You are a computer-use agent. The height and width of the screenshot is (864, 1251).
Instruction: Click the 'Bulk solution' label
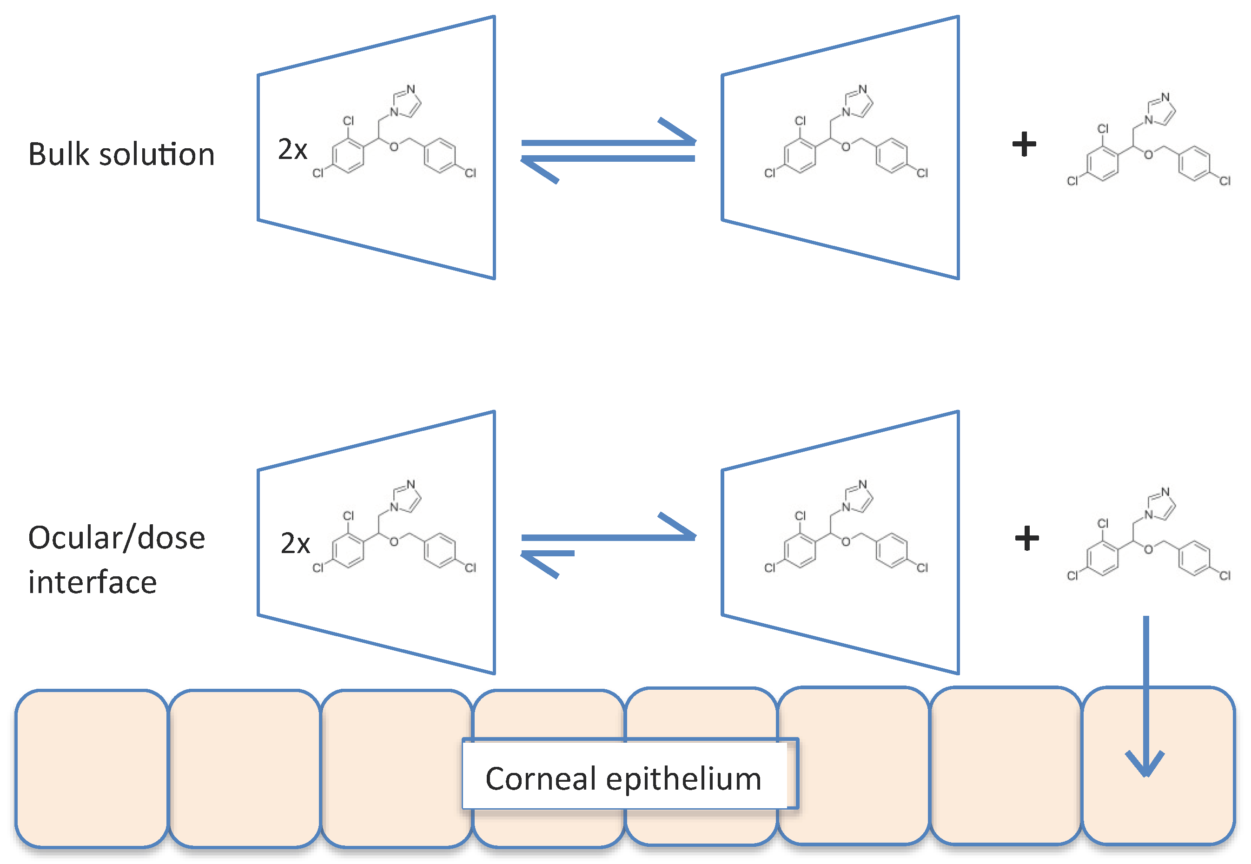121,154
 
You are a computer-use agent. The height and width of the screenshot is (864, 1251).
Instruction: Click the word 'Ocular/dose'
116,538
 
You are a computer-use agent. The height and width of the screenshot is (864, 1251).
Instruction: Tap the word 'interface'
93,582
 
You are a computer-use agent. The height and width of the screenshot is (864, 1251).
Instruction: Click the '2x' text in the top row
292,149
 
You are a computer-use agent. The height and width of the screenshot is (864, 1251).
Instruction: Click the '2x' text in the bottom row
295,543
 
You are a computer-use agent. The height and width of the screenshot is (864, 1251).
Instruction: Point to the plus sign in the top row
1024,145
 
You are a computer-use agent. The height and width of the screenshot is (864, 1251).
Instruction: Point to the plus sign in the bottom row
1026,538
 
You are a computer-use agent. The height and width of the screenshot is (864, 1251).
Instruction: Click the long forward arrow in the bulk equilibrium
609,141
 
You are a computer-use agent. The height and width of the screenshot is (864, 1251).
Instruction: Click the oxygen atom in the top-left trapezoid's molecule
394,147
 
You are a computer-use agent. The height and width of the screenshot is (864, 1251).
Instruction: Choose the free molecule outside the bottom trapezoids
1148,536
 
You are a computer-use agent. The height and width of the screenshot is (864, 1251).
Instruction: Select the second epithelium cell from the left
244,768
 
